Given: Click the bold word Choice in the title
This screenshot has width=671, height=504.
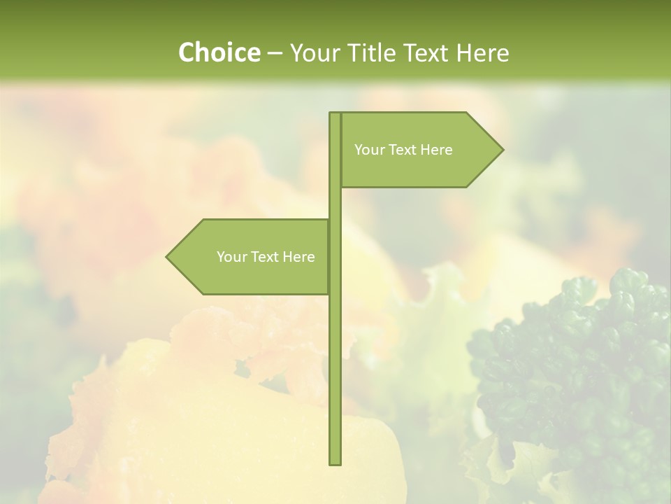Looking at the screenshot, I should pyautogui.click(x=219, y=53).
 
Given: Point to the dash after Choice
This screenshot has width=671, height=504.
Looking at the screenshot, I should pyautogui.click(x=275, y=54).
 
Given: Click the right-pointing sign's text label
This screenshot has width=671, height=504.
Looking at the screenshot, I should pyautogui.click(x=403, y=150).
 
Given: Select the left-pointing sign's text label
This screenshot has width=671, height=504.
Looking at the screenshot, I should pyautogui.click(x=266, y=257).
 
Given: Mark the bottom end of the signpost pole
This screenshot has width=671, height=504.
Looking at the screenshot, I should pyautogui.click(x=335, y=463).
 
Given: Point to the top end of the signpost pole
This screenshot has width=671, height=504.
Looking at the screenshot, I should pyautogui.click(x=335, y=114).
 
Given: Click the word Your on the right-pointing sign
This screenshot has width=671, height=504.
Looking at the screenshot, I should pyautogui.click(x=369, y=150).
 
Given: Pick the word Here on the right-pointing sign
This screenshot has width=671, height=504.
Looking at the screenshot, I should pyautogui.click(x=436, y=150).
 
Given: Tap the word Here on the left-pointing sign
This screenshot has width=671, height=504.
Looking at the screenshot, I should pyautogui.click(x=298, y=257).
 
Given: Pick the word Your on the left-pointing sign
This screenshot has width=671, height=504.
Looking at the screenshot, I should pyautogui.click(x=231, y=257).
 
